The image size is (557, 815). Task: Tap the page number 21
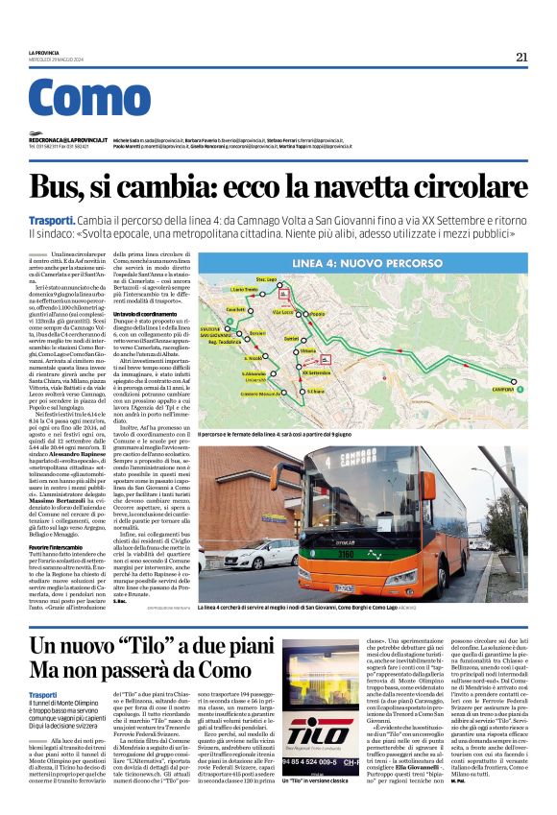coord(521,57)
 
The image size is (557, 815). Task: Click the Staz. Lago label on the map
coord(266,279)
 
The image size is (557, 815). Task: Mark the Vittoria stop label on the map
coord(308,352)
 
